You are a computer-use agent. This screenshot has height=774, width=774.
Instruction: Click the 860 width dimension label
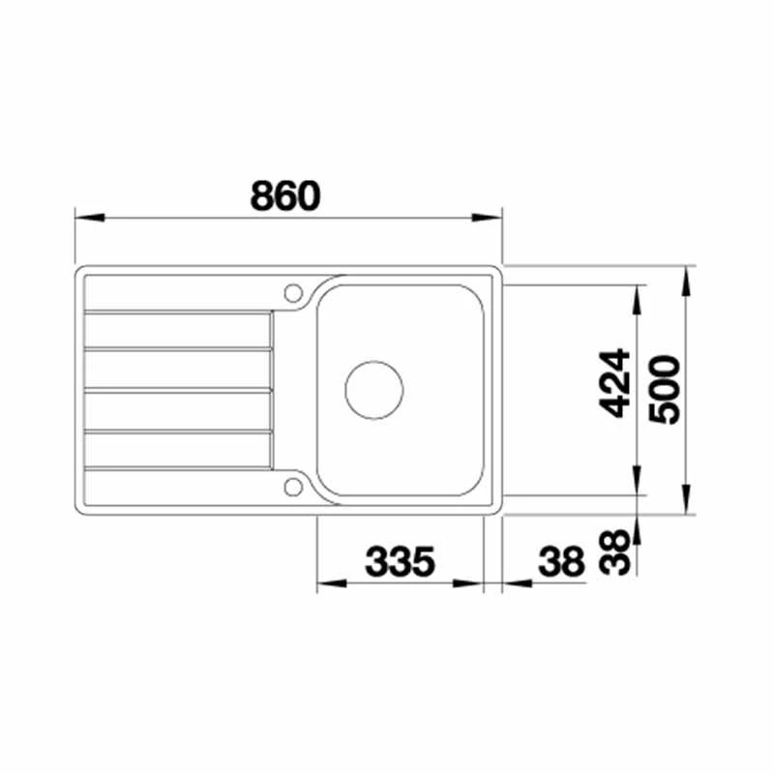pos(283,196)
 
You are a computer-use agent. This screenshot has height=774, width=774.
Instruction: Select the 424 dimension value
pos(614,384)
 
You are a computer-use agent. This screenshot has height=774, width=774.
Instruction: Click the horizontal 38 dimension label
pos(561,560)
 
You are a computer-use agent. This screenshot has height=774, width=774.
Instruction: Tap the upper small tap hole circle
pos(291,291)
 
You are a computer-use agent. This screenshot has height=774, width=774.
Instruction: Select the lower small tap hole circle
pos(291,487)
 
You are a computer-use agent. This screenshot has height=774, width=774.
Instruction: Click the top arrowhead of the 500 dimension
pos(685,276)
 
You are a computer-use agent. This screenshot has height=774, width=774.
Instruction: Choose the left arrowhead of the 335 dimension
pos(330,584)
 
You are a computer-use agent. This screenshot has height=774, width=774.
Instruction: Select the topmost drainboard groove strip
pos(178,330)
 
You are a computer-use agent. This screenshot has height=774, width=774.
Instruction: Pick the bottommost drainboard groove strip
pos(178,450)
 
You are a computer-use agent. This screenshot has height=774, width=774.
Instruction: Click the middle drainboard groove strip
pos(178,389)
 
